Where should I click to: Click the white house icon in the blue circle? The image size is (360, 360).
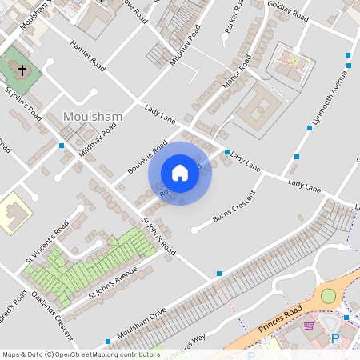tap(180, 172)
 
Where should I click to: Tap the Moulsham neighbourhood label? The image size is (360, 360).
tap(93, 117)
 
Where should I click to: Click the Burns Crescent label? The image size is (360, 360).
tap(234, 206)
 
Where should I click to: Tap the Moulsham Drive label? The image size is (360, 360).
tap(142, 322)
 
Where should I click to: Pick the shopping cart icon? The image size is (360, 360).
tap(309, 326)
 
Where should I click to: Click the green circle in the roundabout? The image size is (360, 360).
tap(328, 296)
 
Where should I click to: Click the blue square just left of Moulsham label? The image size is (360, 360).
tap(62, 146)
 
